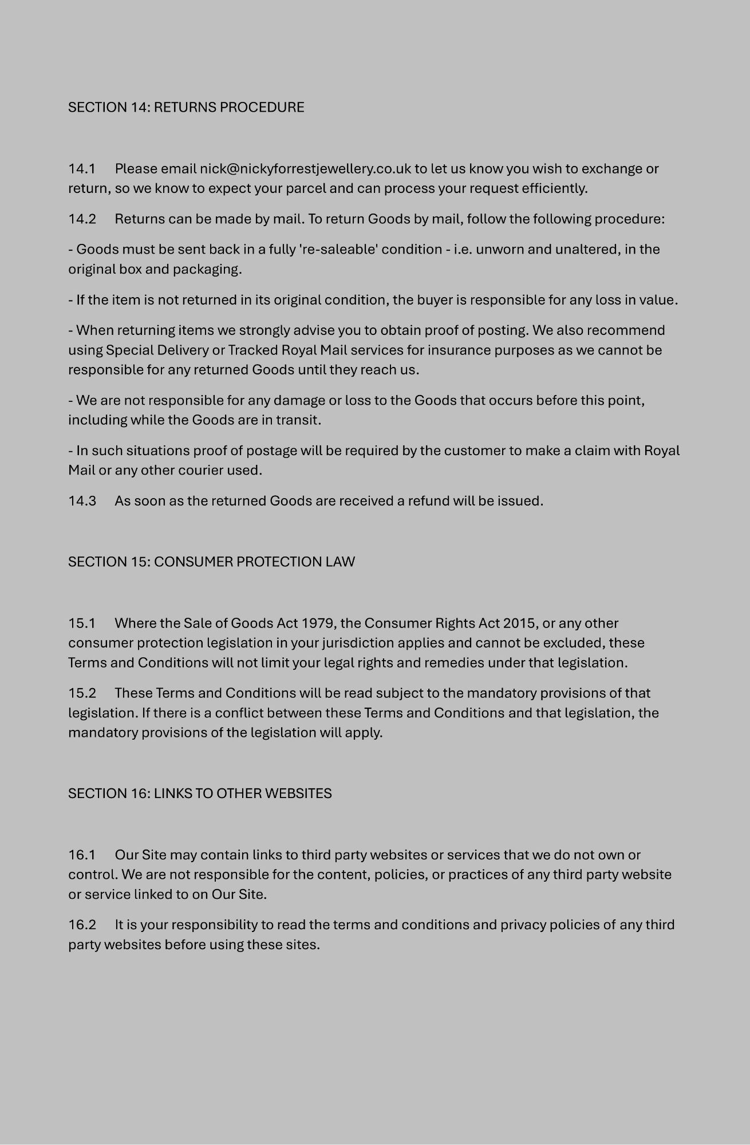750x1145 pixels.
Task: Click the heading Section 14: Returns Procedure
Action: click(186, 108)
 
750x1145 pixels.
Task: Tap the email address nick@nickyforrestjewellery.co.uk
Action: click(305, 169)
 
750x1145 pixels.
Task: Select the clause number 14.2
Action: click(82, 219)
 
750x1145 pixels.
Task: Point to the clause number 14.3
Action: click(82, 501)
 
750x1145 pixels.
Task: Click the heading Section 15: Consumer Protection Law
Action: click(211, 562)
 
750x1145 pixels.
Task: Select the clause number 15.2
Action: click(82, 693)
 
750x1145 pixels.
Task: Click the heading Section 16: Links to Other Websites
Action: click(200, 793)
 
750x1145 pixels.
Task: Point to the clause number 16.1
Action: click(82, 855)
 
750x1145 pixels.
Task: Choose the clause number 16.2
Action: click(82, 925)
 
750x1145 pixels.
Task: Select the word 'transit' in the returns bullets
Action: click(297, 420)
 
